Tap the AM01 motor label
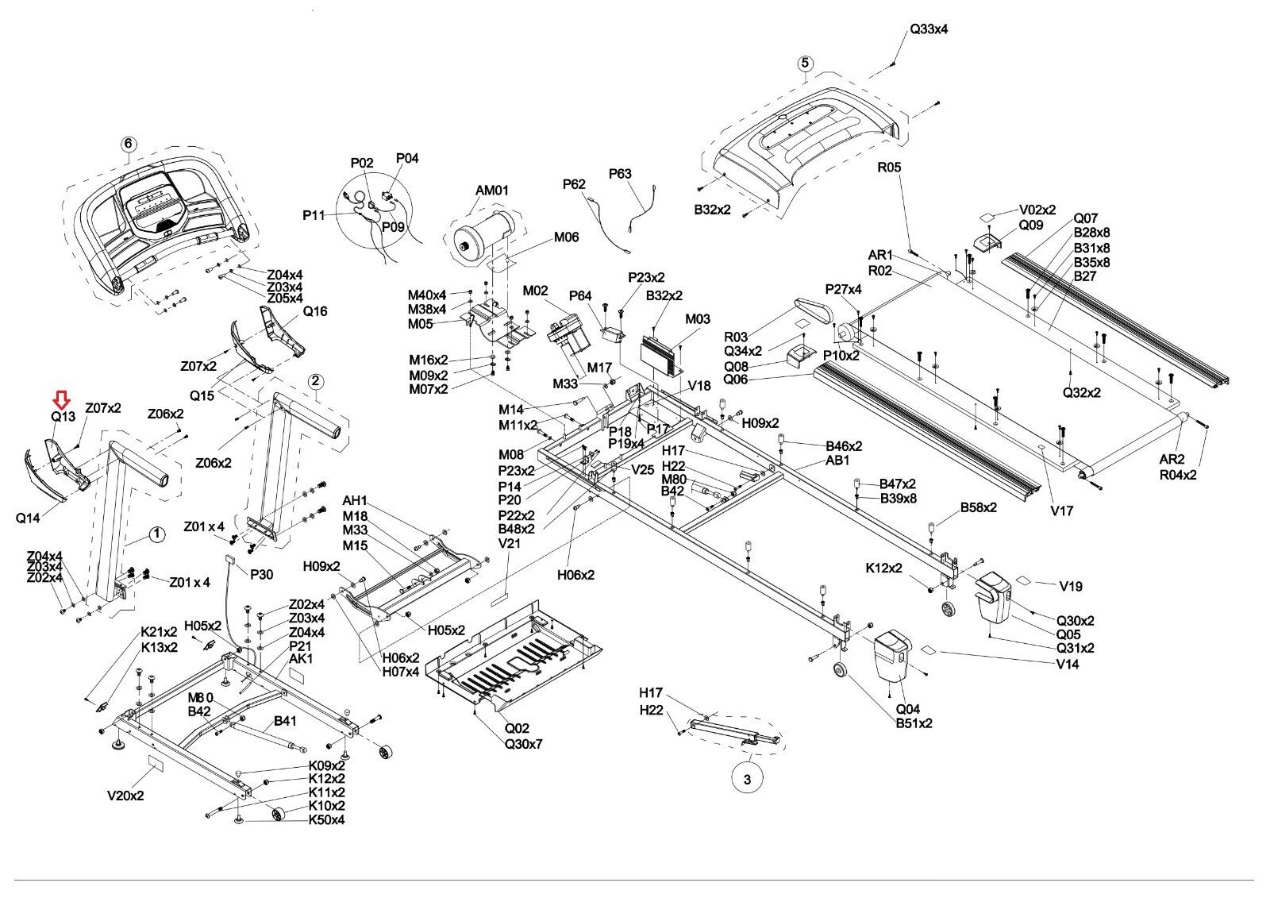[x=492, y=191]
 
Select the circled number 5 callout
[x=805, y=63]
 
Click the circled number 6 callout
[x=129, y=144]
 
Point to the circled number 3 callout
[x=747, y=780]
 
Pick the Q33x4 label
[x=929, y=29]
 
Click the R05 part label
[x=889, y=168]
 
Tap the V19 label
[x=1071, y=586]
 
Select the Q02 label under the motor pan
[x=517, y=728]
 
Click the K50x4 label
[x=326, y=819]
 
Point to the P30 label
[x=261, y=574]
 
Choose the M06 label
[x=566, y=237]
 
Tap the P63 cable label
[x=620, y=173]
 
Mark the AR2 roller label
[x=1172, y=459]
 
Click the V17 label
[x=1062, y=511]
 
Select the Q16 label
[x=315, y=311]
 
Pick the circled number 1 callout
[x=157, y=534]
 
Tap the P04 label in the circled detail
[x=407, y=158]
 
